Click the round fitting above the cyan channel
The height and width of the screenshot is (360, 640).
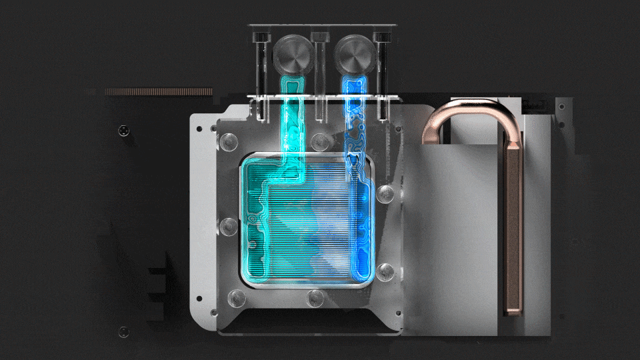(x=292, y=57)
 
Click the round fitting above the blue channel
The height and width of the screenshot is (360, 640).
(x=354, y=57)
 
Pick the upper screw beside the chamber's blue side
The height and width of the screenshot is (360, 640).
(x=385, y=193)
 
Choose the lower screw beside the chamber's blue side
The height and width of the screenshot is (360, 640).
(x=385, y=270)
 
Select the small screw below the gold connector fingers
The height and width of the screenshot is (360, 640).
(x=123, y=130)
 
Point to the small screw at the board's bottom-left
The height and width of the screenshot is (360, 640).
(x=123, y=331)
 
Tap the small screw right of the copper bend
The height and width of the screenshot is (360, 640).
(x=562, y=106)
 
